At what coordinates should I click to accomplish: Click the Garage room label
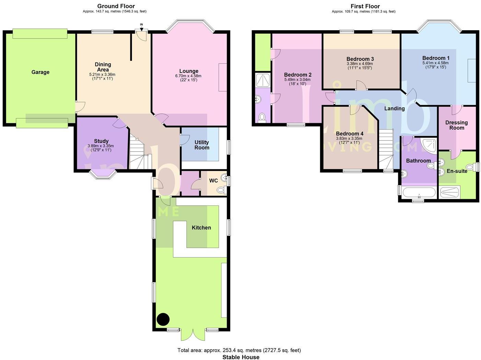coord(40,72)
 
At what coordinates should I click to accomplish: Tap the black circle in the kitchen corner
coord(163,319)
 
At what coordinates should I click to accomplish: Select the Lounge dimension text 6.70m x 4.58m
coord(188,76)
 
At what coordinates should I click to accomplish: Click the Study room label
coord(101,141)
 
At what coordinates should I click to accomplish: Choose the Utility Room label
coord(202,145)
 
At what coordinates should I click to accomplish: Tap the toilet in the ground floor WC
coord(221,190)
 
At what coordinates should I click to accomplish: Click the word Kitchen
coord(202,227)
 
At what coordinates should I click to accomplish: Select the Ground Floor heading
coord(116,6)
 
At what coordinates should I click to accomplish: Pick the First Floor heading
coord(365,6)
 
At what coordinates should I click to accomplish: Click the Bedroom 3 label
coord(360,59)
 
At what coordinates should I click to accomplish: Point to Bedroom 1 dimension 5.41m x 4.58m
coord(435,63)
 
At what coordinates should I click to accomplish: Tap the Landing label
coord(394,108)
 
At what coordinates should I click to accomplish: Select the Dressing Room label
coord(457,125)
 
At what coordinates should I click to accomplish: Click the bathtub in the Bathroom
coord(419,192)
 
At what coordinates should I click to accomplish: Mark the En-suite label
coord(457,171)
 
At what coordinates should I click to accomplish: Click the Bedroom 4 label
coord(350,134)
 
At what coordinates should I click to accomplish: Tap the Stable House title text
coord(241,357)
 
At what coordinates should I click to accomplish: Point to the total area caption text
coord(239,350)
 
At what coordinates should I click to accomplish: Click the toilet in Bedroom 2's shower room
coord(262,117)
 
